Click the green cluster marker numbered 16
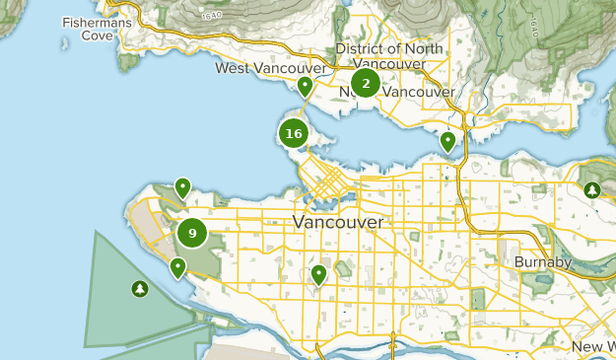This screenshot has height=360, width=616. pos(293,133)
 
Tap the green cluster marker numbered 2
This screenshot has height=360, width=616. pos(366,84)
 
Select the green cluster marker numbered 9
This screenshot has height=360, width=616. pos(192,234)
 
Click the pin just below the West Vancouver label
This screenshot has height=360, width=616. pos(306,87)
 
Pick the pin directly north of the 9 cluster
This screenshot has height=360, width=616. pos(182,186)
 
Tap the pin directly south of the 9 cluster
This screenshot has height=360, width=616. pos(177,266)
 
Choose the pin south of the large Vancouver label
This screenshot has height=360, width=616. pos(318,274)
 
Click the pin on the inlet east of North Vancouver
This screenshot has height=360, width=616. pos(447,141)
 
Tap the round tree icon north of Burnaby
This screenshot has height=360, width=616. pos(591,190)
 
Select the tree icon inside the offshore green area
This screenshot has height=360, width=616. pos(139,289)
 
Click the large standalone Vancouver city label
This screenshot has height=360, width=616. pos(338,223)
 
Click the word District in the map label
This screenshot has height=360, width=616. pos(360,49)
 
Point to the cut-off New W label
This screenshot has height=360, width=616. pos(593,347)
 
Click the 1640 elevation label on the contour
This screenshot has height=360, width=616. pos(210,17)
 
